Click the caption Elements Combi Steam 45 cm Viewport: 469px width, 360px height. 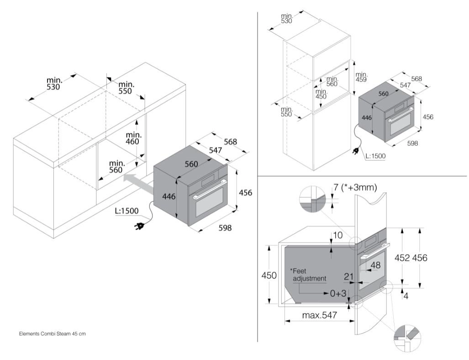pos(53,334)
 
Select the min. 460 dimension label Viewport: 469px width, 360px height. pos(132,138)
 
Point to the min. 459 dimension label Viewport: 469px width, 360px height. pos(361,77)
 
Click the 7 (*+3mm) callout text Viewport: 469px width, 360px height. pos(355,187)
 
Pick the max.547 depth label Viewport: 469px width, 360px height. pos(320,315)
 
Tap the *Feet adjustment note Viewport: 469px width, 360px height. pos(308,275)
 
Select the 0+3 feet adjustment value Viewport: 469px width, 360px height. pos(338,293)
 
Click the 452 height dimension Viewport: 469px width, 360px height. pos(402,258)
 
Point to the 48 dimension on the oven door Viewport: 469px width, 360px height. pos(375,265)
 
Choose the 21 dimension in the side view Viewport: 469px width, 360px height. pos(349,276)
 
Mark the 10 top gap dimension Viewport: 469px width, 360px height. pos(337,235)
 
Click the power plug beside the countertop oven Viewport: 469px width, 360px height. pos(140,226)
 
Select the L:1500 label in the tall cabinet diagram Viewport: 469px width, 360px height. pos(375,156)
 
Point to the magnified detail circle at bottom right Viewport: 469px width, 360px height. pos(407,339)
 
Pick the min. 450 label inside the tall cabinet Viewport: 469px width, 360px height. pos(321,94)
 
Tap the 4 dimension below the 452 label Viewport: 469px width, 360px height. pos(406,296)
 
